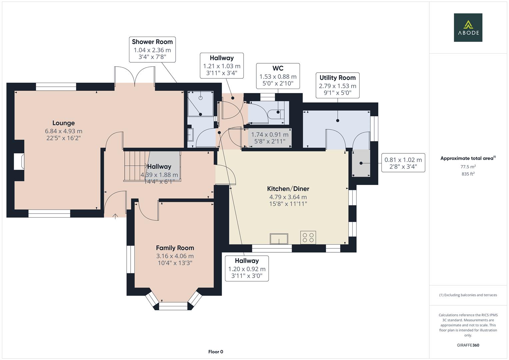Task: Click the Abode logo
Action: click(x=468, y=28)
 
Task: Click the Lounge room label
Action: click(x=63, y=123)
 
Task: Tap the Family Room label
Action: click(x=175, y=248)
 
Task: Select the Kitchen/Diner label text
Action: click(x=288, y=189)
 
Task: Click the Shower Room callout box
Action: click(x=152, y=50)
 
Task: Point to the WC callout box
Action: click(x=278, y=76)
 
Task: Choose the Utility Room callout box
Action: click(x=337, y=85)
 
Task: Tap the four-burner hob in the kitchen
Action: click(x=308, y=238)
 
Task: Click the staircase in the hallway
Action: click(x=136, y=166)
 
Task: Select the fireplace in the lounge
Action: click(x=19, y=162)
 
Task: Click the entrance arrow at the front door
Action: click(x=115, y=216)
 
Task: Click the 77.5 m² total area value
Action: click(x=468, y=167)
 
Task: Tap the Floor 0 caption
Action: click(x=215, y=352)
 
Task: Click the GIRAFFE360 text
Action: click(x=468, y=345)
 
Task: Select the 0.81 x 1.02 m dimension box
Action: click(x=403, y=163)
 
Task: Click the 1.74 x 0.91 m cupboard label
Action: click(x=270, y=138)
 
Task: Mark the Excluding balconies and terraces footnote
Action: click(x=468, y=295)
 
